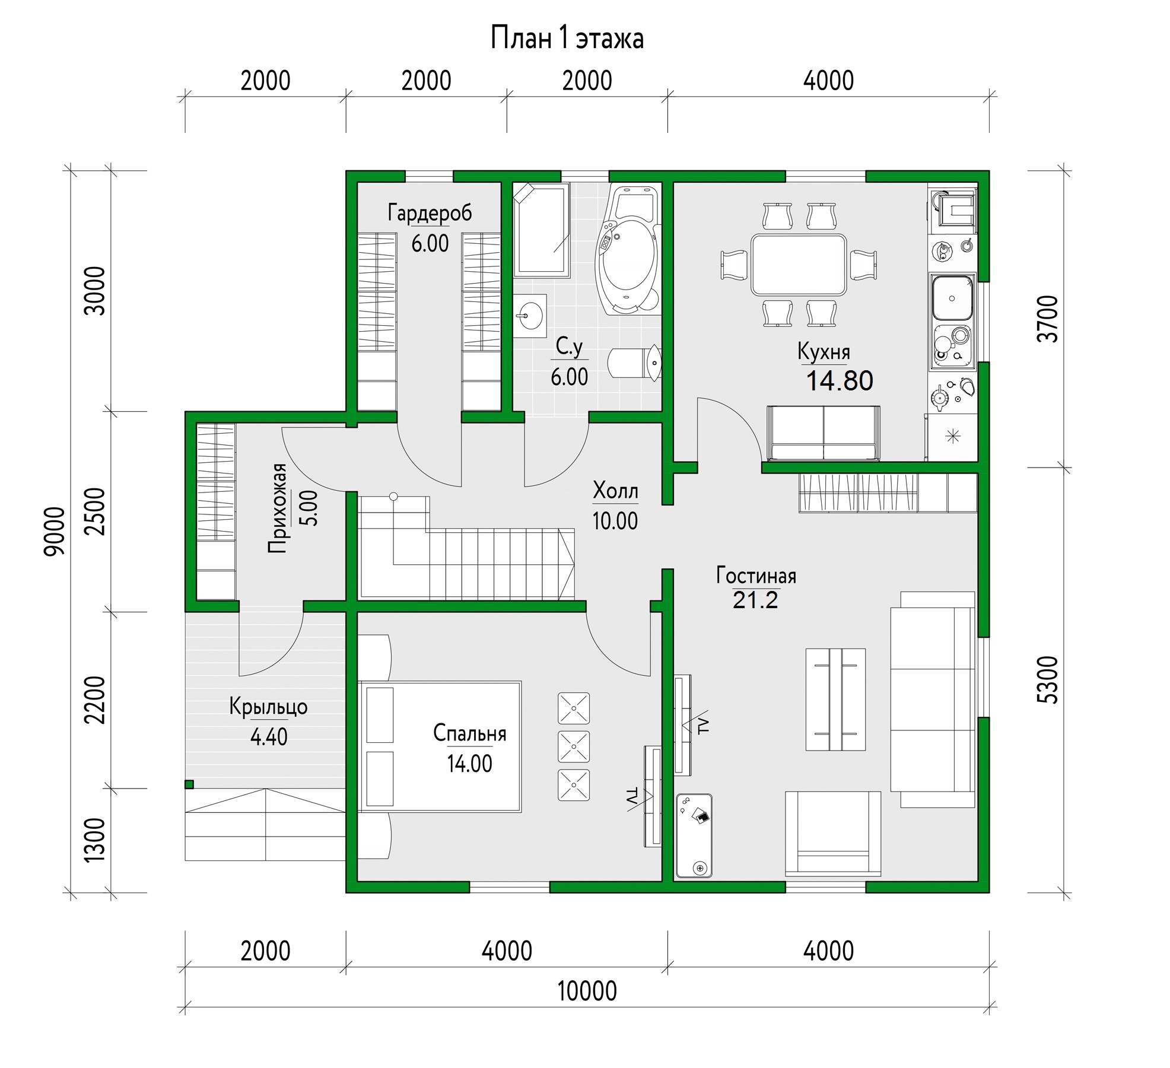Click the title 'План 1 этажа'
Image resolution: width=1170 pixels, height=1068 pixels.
point(567,39)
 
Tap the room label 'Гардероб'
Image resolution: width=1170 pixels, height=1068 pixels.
point(430,212)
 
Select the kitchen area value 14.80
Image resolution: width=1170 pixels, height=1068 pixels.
point(840,381)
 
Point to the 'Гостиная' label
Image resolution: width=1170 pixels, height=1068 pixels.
point(756,576)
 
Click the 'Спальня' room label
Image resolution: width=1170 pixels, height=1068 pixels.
point(469,733)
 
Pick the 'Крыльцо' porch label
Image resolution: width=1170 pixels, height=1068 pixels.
point(268,707)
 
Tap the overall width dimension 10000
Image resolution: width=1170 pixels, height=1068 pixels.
point(587,991)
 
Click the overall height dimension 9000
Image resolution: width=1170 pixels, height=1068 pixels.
point(55,531)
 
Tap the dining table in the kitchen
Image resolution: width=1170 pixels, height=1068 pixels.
point(799,265)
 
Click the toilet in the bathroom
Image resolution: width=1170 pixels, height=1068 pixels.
point(635,363)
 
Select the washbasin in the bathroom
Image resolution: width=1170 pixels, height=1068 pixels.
point(530,316)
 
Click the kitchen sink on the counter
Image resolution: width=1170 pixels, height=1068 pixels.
point(952,298)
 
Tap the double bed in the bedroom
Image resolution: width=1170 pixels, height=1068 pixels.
point(440,746)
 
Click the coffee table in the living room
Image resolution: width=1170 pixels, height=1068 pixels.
point(835,699)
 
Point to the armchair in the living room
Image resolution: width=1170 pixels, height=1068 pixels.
point(833,834)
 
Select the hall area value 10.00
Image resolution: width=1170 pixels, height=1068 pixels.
point(615,521)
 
